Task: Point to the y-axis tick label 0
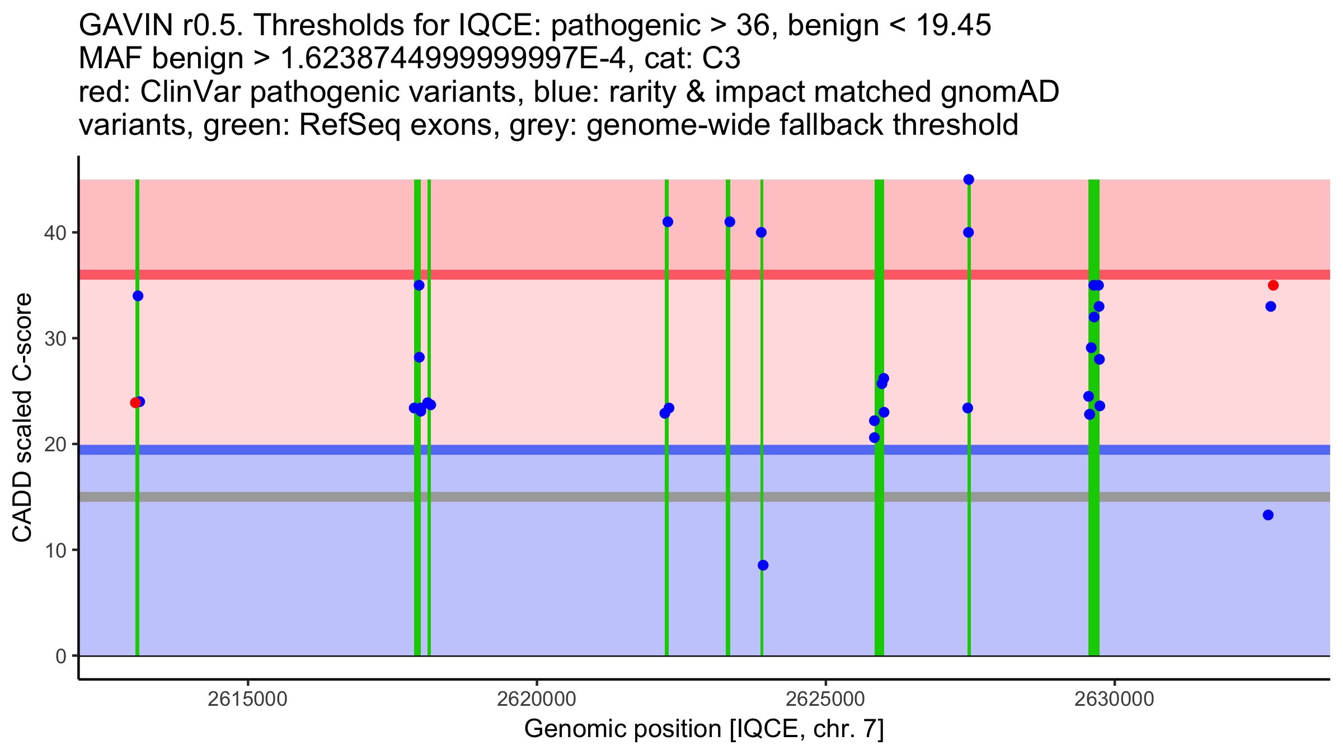60,656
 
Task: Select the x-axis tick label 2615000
247,699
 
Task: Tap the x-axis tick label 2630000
1114,699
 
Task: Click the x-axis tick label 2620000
536,699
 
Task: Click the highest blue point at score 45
969,180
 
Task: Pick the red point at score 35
1273,285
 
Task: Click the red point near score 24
135,403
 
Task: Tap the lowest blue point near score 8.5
763,565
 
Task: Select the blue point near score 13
1268,515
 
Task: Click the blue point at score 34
138,296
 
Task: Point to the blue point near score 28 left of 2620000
419,357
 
